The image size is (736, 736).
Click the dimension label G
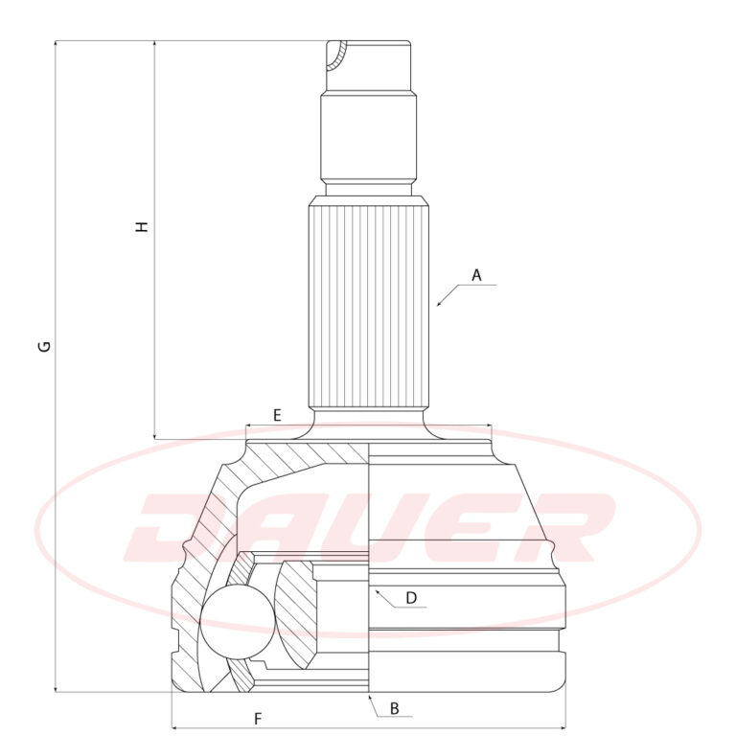(45, 346)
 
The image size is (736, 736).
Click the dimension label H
(142, 227)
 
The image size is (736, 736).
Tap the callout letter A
(476, 276)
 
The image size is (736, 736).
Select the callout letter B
(395, 709)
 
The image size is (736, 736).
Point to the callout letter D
(411, 598)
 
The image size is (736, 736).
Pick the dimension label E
(277, 415)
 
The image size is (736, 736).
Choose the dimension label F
(258, 719)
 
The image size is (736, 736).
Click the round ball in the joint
(237, 622)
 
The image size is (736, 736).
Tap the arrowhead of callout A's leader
(439, 304)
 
